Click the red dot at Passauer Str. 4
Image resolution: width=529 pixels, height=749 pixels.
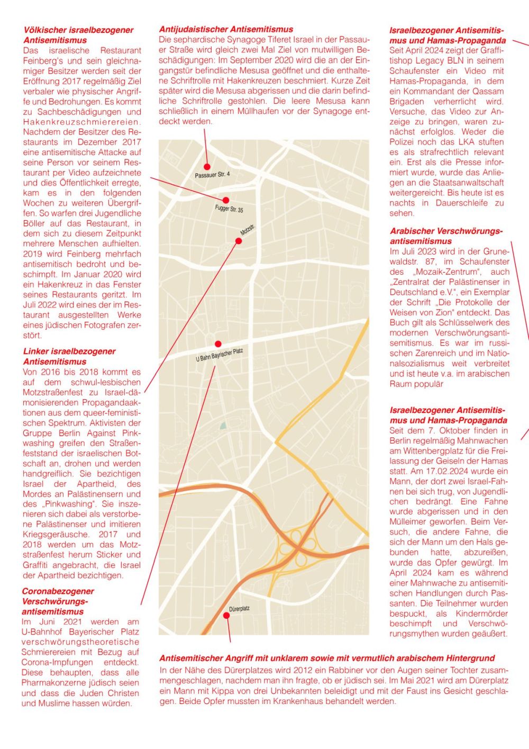pyautogui.click(x=208, y=167)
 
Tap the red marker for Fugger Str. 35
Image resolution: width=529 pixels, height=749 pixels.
pyautogui.click(x=226, y=200)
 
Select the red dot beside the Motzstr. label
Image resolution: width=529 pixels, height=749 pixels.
pyautogui.click(x=239, y=241)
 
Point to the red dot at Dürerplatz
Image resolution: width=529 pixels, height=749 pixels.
pyautogui.click(x=227, y=616)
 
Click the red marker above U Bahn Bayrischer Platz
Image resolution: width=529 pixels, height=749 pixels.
pyautogui.click(x=218, y=344)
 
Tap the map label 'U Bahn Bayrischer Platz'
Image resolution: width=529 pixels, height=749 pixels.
pyautogui.click(x=219, y=355)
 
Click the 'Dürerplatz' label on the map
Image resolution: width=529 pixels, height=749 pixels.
pyautogui.click(x=239, y=609)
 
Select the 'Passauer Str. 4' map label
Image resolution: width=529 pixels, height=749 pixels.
pyautogui.click(x=212, y=175)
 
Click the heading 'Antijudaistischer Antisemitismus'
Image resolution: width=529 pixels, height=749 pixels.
pyautogui.click(x=226, y=30)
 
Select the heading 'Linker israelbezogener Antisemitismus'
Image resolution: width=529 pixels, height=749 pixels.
pyautogui.click(x=69, y=356)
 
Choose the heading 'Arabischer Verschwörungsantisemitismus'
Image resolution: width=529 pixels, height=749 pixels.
pyautogui.click(x=446, y=236)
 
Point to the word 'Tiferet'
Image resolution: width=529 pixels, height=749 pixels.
pyautogui.click(x=287, y=40)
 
